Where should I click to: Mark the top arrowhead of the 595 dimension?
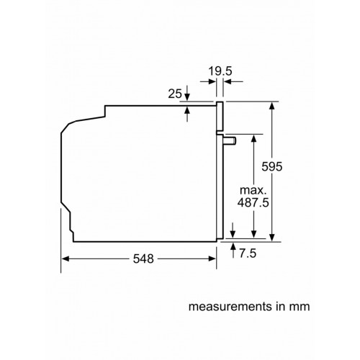coord(271,106)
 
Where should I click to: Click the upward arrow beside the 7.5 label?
coord(233,247)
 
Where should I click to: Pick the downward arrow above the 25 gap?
coord(187,96)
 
